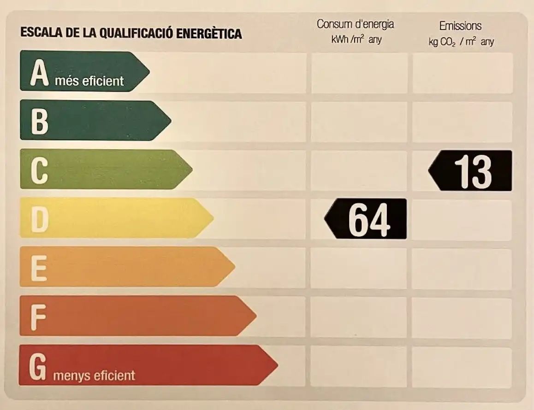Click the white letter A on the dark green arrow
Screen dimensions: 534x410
[39, 72]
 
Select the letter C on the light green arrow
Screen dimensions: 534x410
[39, 171]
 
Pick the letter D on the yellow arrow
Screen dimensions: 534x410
[40, 220]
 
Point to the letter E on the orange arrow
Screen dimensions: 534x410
[39, 269]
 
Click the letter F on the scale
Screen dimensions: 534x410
[38, 317]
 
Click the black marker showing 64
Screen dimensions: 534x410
[365, 219]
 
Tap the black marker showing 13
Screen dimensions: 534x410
[470, 170]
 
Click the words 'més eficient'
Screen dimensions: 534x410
[89, 81]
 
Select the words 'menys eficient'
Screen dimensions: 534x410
[94, 375]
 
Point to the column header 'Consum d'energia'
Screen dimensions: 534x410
[355, 24]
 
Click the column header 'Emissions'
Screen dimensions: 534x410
[460, 26]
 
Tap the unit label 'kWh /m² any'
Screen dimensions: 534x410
[356, 40]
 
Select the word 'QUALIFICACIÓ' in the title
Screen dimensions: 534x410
[137, 33]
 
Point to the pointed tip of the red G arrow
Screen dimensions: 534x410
[278, 365]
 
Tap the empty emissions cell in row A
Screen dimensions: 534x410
[463, 73]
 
